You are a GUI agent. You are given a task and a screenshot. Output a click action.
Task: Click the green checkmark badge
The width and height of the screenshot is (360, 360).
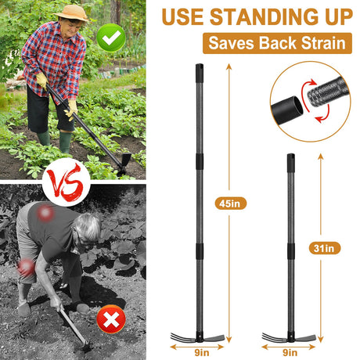111,38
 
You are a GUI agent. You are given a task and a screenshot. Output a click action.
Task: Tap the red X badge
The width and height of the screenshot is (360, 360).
111,319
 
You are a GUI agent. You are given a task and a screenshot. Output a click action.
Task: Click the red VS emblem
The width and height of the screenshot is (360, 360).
67,182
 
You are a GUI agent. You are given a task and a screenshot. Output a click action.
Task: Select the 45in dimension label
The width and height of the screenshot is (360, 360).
231,203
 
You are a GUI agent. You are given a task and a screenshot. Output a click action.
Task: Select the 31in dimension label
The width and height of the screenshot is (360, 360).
325,248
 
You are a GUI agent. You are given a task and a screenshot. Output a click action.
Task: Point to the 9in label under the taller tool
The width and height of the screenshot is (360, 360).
202,353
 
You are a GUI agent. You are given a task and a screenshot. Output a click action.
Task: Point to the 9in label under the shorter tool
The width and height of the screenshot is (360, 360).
290,353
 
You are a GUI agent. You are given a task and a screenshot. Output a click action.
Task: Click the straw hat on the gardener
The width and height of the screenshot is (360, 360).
72,13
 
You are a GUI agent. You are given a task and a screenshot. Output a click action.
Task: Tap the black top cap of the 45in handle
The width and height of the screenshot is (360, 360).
200,73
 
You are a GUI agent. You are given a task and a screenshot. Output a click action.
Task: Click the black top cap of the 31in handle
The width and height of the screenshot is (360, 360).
291,163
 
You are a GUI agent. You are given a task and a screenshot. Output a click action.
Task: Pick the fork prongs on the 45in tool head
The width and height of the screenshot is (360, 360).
182,337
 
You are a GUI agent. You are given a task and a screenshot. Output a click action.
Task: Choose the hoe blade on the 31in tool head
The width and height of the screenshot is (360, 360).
305,338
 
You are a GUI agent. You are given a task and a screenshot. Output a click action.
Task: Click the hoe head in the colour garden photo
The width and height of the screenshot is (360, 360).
124,163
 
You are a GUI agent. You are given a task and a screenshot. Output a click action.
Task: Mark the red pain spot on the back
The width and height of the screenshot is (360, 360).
45,213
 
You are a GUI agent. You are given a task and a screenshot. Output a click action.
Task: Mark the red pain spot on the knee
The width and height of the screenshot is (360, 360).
26,268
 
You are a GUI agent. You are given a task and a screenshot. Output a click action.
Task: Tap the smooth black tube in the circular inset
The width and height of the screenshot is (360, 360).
287,110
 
